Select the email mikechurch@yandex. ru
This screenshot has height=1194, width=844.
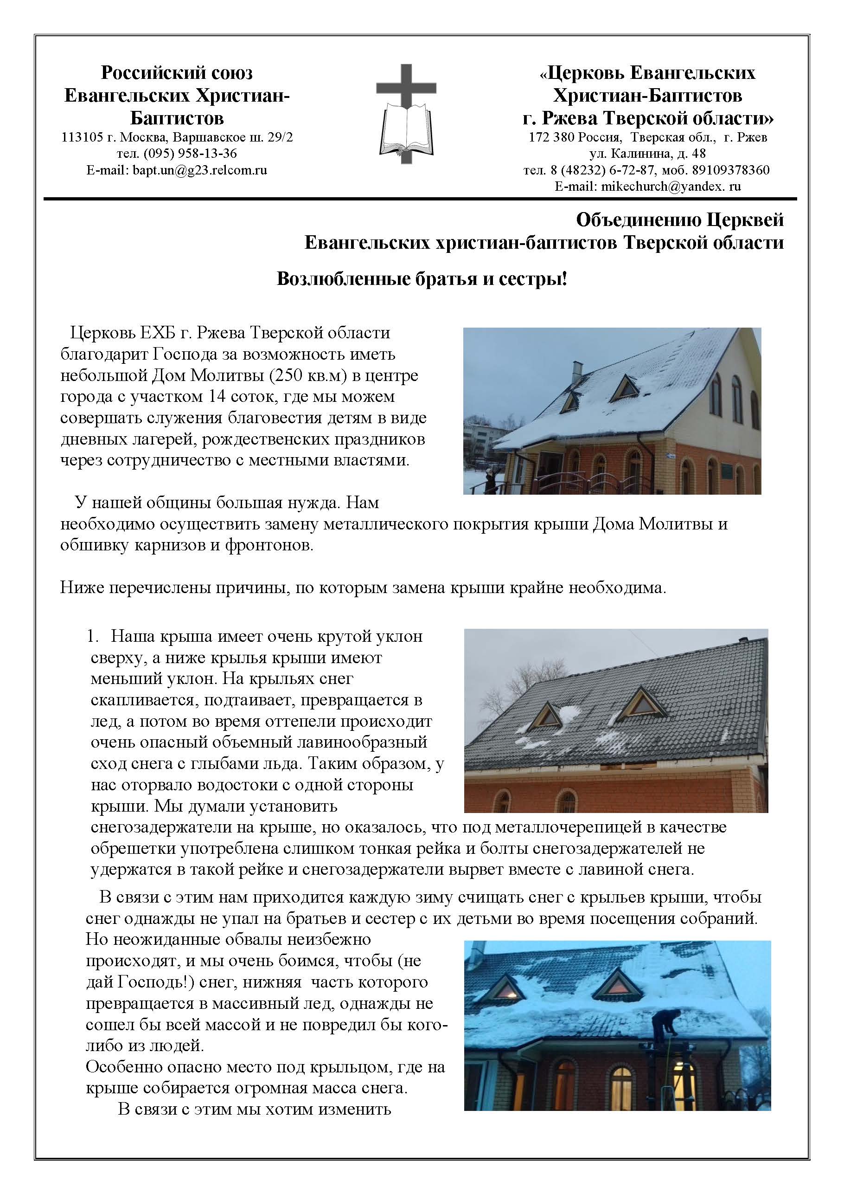pyautogui.click(x=671, y=186)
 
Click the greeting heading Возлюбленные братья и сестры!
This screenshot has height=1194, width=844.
pyautogui.click(x=422, y=279)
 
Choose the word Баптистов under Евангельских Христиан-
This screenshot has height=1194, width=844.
pyautogui.click(x=177, y=119)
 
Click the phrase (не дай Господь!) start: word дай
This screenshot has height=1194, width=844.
pyautogui.click(x=100, y=982)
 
